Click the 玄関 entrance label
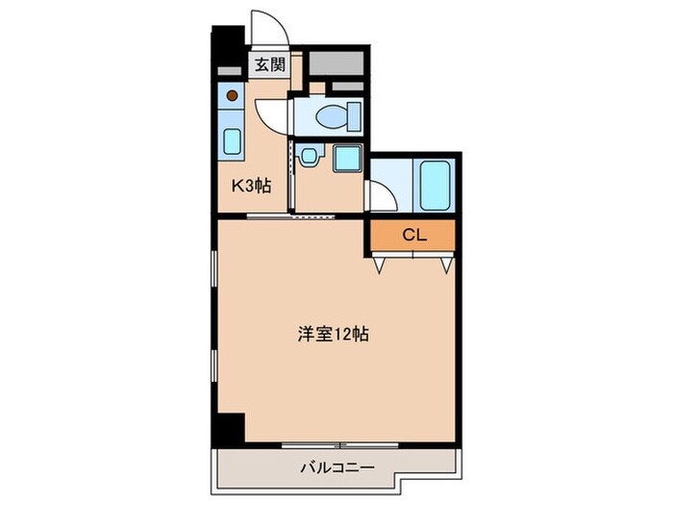(269, 65)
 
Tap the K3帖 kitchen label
(249, 187)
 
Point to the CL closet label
(413, 234)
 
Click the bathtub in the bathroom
(435, 185)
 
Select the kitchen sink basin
(232, 140)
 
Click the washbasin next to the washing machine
(310, 156)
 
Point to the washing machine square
(346, 159)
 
